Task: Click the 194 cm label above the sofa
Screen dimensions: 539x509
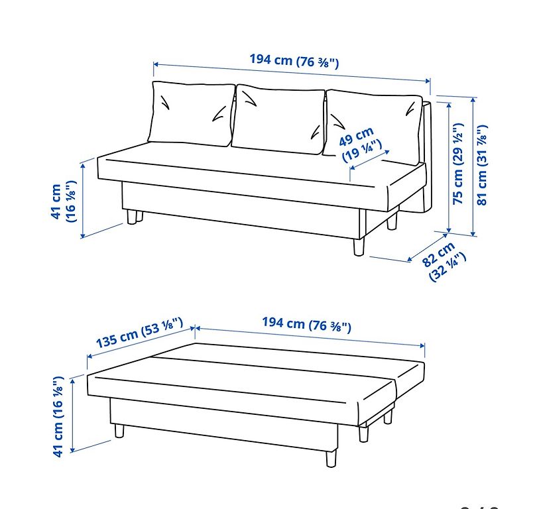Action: coord(294,61)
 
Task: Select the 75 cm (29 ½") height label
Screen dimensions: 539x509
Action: coord(458,164)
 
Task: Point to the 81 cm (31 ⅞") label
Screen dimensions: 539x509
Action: coord(482,165)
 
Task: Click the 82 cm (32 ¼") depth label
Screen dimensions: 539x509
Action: coord(444,262)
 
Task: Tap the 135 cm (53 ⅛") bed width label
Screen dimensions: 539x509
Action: coord(139,332)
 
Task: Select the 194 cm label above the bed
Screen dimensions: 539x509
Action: coord(306,325)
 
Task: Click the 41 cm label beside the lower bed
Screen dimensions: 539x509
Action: coord(58,417)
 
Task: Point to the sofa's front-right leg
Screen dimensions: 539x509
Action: coord(359,247)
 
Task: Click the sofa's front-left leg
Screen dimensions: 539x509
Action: coord(131,217)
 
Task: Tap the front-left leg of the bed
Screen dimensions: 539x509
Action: coord(119,431)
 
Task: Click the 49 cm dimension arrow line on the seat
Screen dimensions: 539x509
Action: coord(370,160)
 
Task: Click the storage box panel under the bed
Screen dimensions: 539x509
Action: coord(223,424)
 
